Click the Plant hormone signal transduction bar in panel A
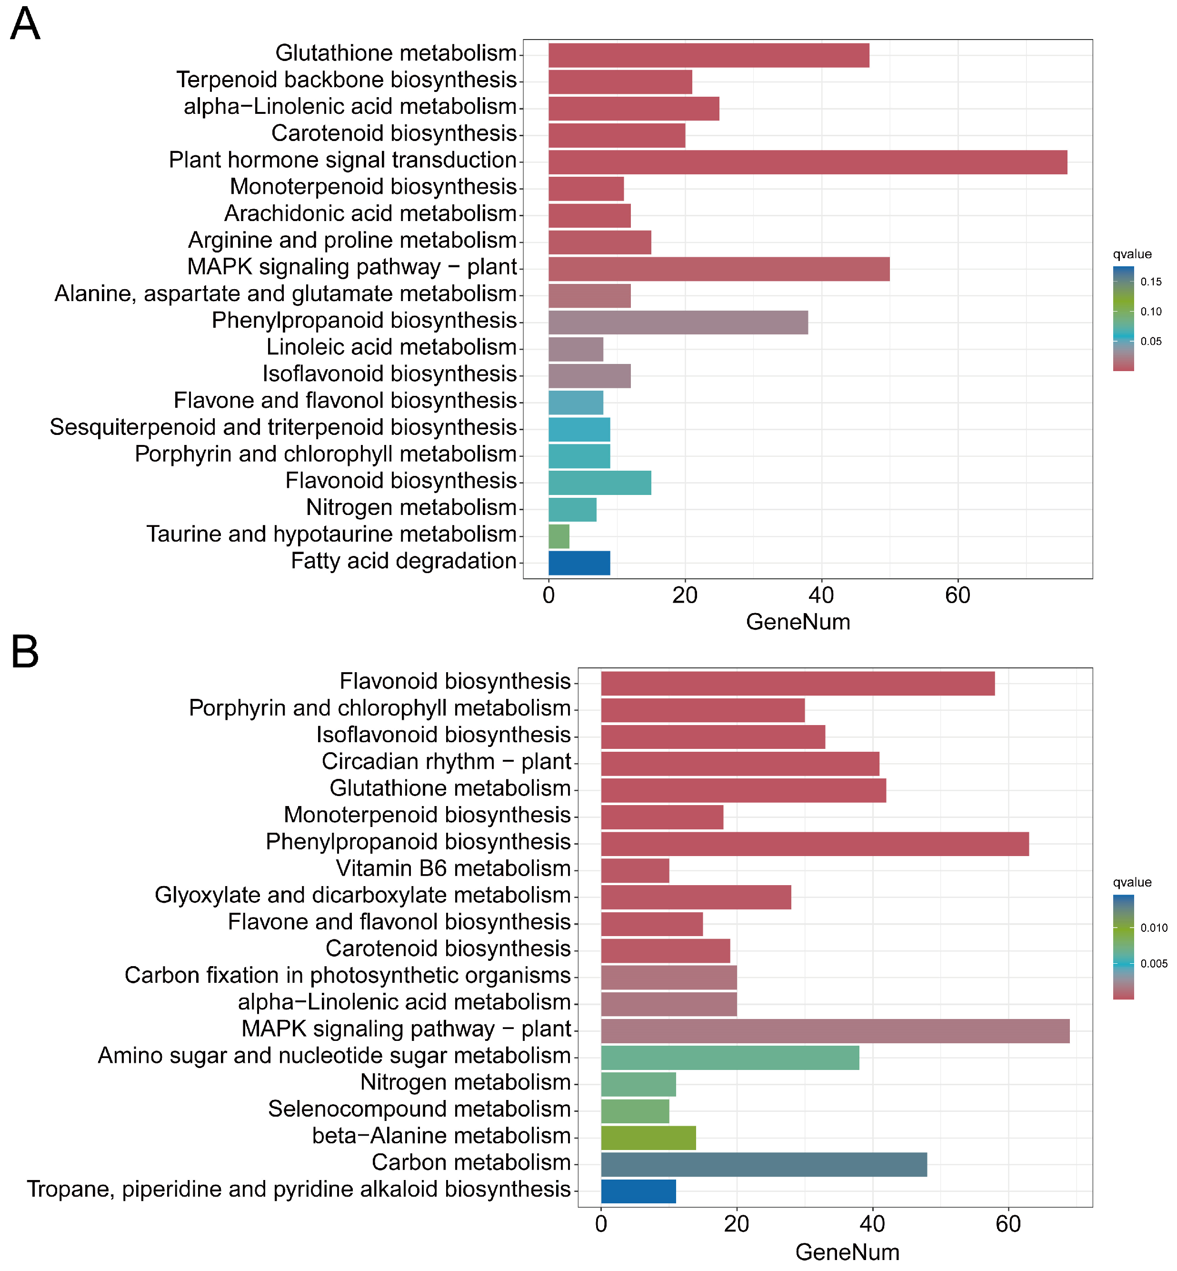coord(807,162)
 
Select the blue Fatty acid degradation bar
coord(579,563)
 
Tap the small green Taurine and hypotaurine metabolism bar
coord(559,536)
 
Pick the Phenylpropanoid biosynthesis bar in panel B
coord(814,844)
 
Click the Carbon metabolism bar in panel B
coord(763,1164)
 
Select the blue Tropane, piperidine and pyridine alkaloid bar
coord(638,1190)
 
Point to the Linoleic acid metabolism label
coord(391,347)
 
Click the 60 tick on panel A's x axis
coord(958,595)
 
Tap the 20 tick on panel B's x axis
coord(736,1223)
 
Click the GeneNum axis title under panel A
coord(798,622)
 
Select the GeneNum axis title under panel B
coord(847,1252)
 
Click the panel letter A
coord(26,24)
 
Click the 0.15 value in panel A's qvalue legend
coord(1151,282)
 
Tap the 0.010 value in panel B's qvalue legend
coord(1154,928)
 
